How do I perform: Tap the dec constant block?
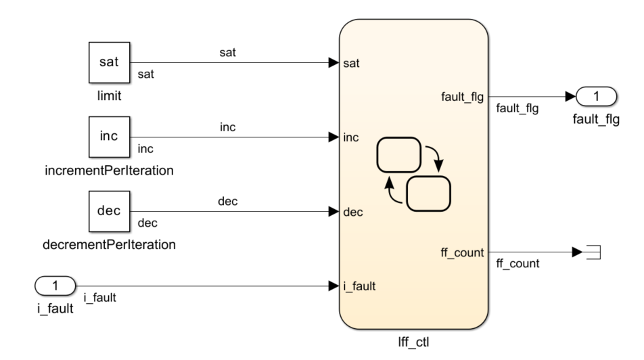click(110, 211)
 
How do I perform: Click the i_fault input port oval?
click(55, 286)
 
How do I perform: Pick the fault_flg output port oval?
click(595, 97)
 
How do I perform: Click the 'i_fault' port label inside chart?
click(359, 286)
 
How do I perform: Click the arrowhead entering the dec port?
click(333, 211)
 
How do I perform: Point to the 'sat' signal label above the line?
click(228, 52)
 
